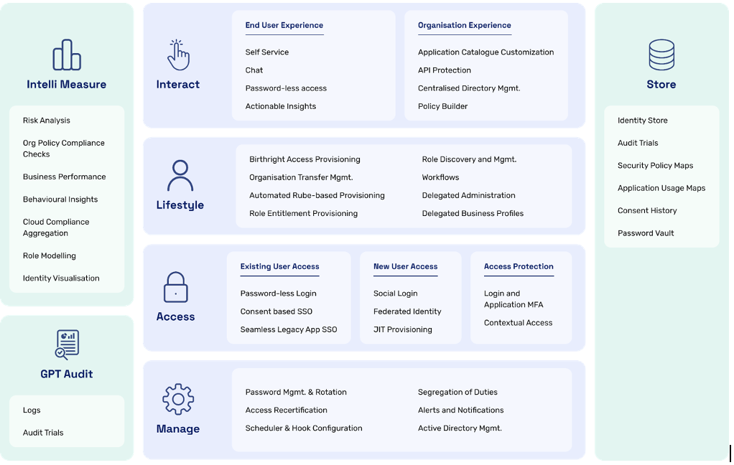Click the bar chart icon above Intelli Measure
[67, 55]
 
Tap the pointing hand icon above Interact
[178, 55]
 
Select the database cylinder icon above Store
[661, 55]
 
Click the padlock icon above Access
[175, 287]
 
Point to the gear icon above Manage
[178, 399]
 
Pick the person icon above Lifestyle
[180, 175]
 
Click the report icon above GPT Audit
[67, 344]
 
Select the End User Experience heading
[284, 25]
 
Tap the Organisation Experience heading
[465, 25]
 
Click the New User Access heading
[405, 267]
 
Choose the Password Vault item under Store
[646, 233]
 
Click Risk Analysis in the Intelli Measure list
[47, 121]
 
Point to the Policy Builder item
[443, 106]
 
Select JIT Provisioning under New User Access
[403, 329]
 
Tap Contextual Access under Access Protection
[519, 323]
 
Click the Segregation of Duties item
[457, 392]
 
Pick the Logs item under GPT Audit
[32, 410]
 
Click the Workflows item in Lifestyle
[440, 177]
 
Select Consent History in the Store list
[647, 210]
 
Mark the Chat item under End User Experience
[254, 70]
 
